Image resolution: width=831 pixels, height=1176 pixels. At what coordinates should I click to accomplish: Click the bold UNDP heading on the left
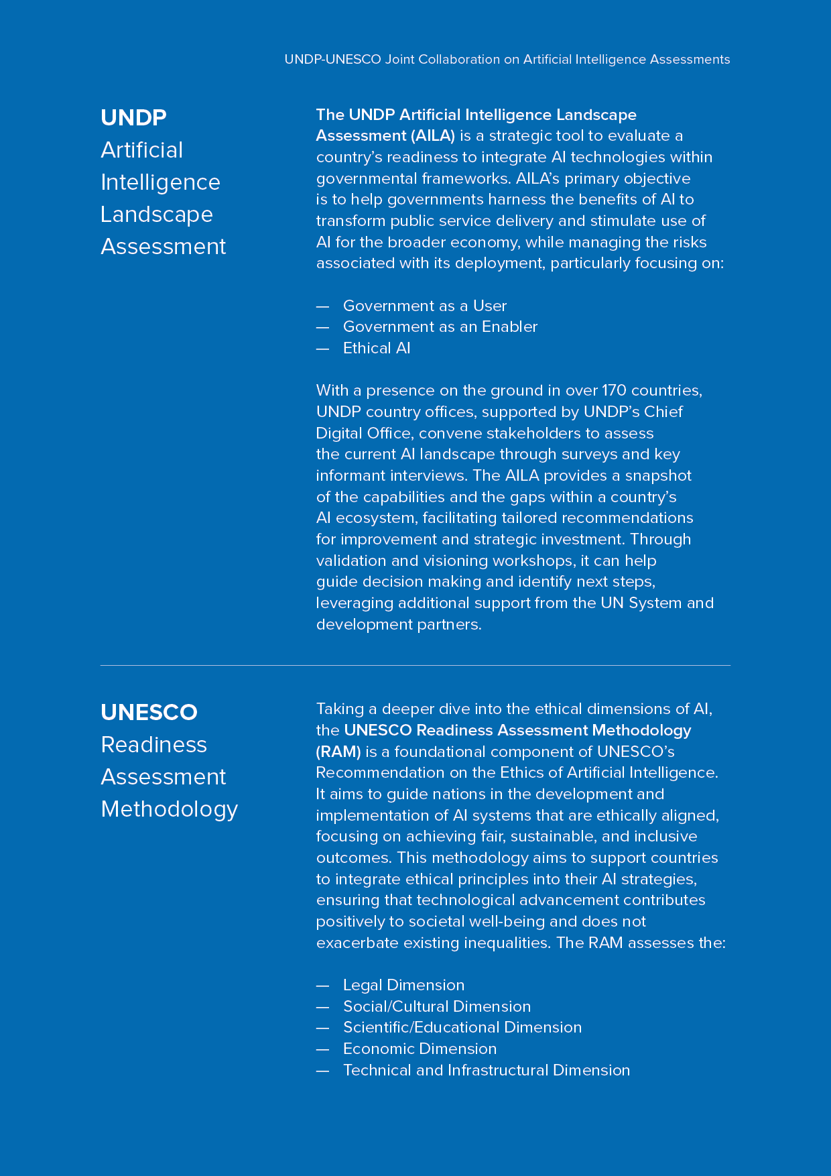pyautogui.click(x=133, y=117)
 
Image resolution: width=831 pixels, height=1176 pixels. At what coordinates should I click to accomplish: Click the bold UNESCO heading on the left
pyautogui.click(x=149, y=712)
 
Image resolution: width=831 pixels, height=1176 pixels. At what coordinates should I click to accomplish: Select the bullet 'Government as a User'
pyautogui.click(x=424, y=306)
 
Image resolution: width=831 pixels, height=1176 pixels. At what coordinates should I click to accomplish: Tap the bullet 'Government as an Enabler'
pyautogui.click(x=440, y=327)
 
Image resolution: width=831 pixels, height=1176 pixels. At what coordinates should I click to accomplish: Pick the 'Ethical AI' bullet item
pyautogui.click(x=376, y=349)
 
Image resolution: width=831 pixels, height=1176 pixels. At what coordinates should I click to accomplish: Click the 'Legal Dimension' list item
pyautogui.click(x=403, y=985)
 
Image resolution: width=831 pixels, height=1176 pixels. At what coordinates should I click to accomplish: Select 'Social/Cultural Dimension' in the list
pyautogui.click(x=436, y=1006)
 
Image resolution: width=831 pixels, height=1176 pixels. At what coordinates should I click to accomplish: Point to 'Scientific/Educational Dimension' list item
pyautogui.click(x=462, y=1027)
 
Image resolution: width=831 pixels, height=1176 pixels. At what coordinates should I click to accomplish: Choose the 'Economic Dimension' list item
pyautogui.click(x=420, y=1049)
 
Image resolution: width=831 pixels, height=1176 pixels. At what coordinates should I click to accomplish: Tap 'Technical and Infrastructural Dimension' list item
pyautogui.click(x=486, y=1070)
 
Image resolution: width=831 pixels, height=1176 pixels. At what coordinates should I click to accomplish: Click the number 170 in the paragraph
pyautogui.click(x=614, y=390)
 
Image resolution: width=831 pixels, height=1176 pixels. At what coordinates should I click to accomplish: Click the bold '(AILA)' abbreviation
pyautogui.click(x=433, y=136)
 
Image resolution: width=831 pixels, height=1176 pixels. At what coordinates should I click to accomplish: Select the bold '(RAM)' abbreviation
pyautogui.click(x=338, y=752)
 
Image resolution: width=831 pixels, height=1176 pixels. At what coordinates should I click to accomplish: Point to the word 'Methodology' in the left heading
pyautogui.click(x=169, y=809)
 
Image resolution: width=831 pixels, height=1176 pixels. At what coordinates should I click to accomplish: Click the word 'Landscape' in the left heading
pyautogui.click(x=157, y=215)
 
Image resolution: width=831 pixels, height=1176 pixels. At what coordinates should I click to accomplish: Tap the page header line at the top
pyautogui.click(x=507, y=60)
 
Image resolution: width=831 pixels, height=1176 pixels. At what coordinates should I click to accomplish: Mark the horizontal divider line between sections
pyautogui.click(x=415, y=666)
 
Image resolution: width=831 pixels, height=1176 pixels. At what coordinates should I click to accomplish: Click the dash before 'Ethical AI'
pyautogui.click(x=322, y=349)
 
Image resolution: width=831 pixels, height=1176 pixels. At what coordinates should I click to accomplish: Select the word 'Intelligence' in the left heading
pyautogui.click(x=160, y=182)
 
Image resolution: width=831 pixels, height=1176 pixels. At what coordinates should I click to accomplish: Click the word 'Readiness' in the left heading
pyautogui.click(x=153, y=745)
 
